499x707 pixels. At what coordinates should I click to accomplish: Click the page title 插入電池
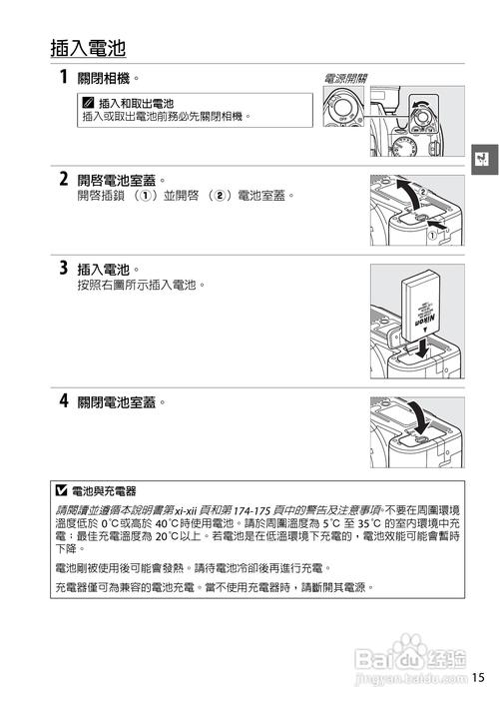click(89, 48)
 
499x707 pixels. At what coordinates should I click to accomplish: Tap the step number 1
click(63, 77)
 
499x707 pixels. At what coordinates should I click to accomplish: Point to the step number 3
click(63, 268)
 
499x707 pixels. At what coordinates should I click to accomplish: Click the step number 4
click(63, 401)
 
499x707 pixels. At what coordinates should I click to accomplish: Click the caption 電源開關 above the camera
click(345, 78)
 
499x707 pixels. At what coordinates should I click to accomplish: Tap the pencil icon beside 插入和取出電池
click(89, 103)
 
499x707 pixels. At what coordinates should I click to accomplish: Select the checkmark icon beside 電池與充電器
click(63, 490)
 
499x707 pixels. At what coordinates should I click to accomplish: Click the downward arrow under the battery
click(423, 347)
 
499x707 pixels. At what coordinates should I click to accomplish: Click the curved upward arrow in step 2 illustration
click(408, 191)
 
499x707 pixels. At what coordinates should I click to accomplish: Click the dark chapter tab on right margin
click(482, 159)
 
